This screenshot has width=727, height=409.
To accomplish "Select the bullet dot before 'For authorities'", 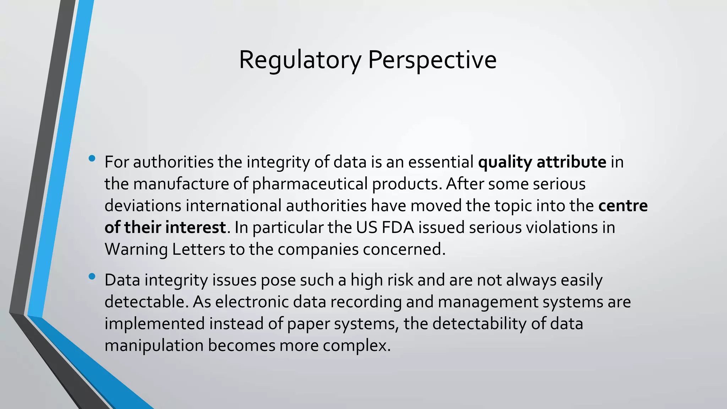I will pyautogui.click(x=92, y=159).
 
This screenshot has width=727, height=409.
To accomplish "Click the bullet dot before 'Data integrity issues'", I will pyautogui.click(x=92, y=277).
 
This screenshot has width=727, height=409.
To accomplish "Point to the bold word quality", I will pyautogui.click(x=505, y=163).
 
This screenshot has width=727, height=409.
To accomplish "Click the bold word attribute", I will pyautogui.click(x=571, y=162).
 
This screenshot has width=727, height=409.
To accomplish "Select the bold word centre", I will pyautogui.click(x=623, y=206).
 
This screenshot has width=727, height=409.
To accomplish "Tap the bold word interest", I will pyautogui.click(x=196, y=228).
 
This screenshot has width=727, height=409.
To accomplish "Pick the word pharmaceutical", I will pyautogui.click(x=310, y=184).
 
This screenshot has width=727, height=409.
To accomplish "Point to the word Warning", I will pyautogui.click(x=136, y=250).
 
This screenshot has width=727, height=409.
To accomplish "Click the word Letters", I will pyautogui.click(x=198, y=250).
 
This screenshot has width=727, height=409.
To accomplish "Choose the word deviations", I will pyautogui.click(x=143, y=206).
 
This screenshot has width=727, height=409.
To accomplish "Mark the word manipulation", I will pyautogui.click(x=154, y=346).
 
